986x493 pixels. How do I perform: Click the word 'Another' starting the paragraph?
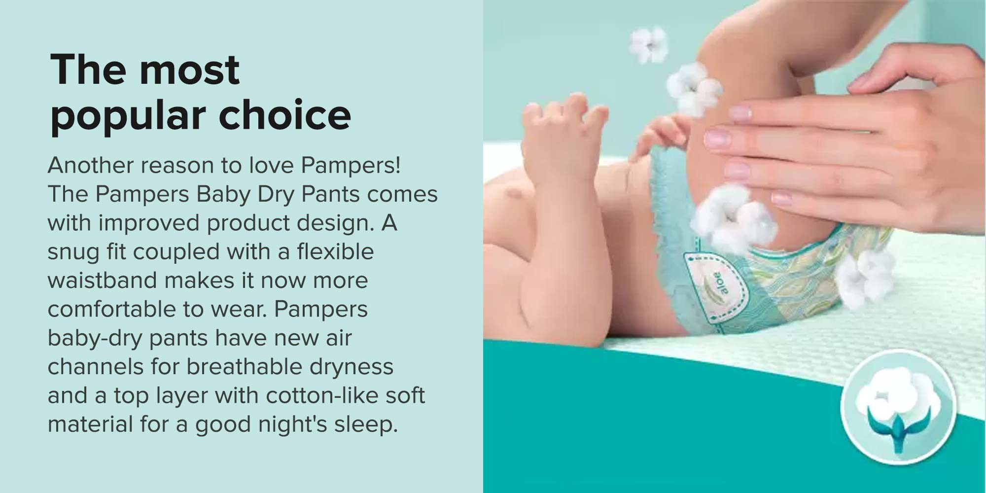91,165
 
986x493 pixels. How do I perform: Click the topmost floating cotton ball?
649,45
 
